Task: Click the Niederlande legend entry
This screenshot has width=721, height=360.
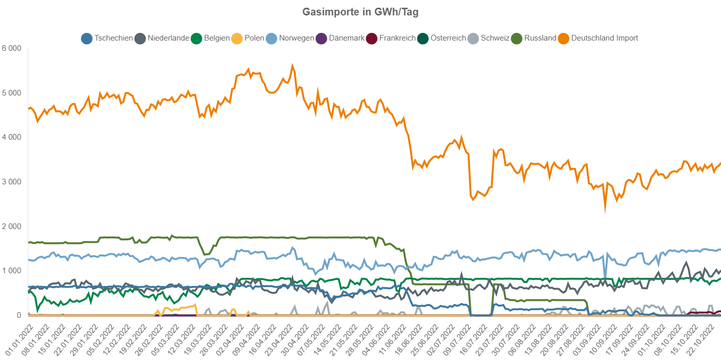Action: (161, 38)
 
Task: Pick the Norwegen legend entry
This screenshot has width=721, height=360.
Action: (290, 38)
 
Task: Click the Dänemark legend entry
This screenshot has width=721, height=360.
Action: (340, 38)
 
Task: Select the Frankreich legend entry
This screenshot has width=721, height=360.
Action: (390, 38)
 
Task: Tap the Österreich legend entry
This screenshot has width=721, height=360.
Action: (441, 38)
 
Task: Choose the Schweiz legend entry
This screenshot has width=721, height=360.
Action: (488, 38)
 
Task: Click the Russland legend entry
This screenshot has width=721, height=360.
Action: (533, 38)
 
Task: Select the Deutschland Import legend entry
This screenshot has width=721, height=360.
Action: (598, 38)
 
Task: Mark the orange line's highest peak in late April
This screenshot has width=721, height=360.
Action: (292, 66)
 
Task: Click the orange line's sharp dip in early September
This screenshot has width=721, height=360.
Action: (605, 208)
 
